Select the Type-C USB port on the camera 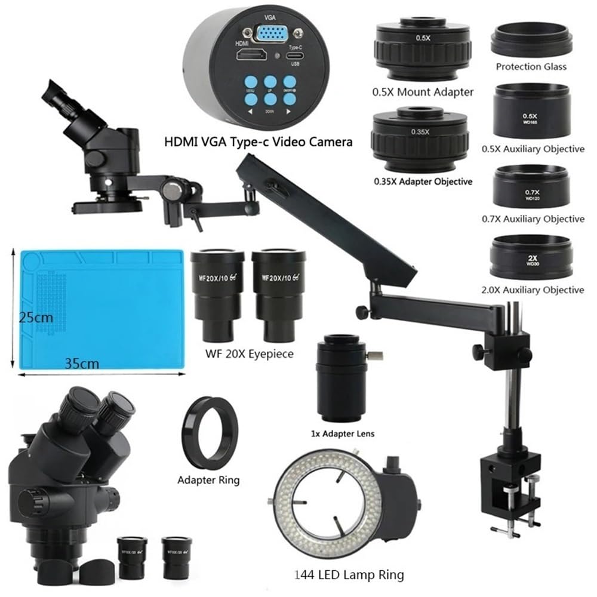click(294, 59)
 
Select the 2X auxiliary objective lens click(531, 258)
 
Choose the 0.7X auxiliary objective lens click(531, 187)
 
